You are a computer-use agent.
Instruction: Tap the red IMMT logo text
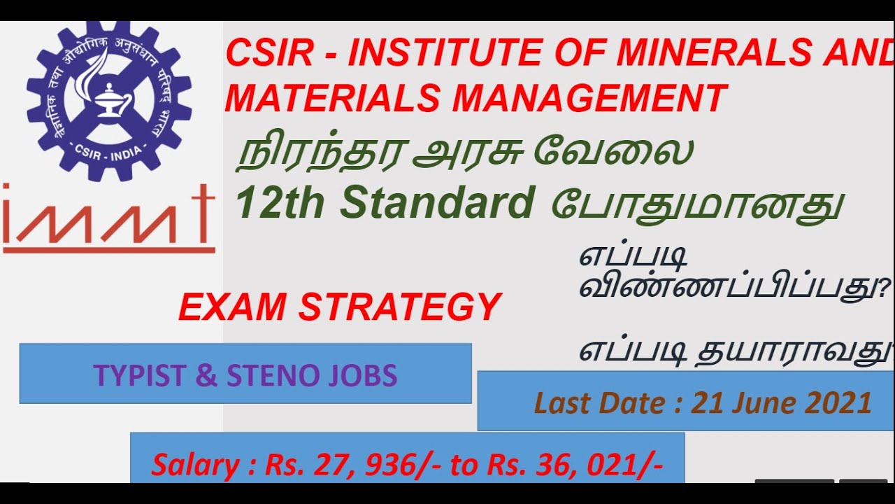tap(108, 213)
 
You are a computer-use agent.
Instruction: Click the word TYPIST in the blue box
tap(140, 375)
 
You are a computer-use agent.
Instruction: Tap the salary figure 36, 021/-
tap(604, 465)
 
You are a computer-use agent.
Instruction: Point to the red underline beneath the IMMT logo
tap(108, 249)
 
